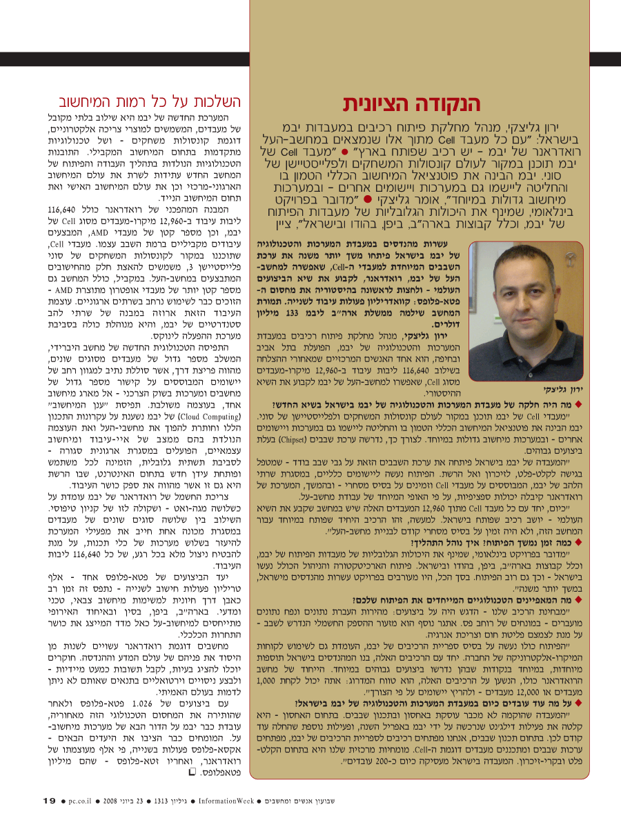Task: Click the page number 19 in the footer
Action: pos(48,801)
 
